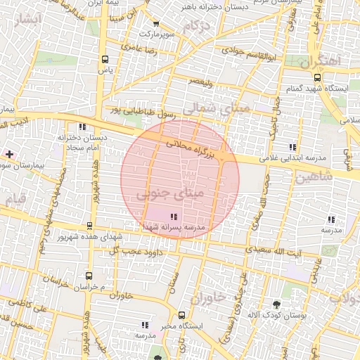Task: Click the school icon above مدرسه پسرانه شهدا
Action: pyautogui.click(x=174, y=216)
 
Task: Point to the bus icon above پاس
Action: pyautogui.click(x=105, y=60)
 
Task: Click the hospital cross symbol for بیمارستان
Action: pyautogui.click(x=8, y=153)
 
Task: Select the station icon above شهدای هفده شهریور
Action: pyautogui.click(x=89, y=226)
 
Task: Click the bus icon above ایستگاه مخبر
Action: pyautogui.click(x=182, y=315)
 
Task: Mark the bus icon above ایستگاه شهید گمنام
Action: pyautogui.click(x=318, y=78)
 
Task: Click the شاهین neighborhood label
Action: pyautogui.click(x=311, y=178)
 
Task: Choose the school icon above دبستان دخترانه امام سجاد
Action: pyautogui.click(x=82, y=127)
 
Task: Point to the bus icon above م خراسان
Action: pyautogui.click(x=89, y=276)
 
